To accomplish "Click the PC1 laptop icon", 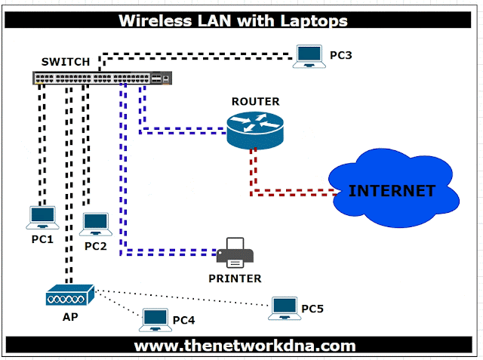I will click(42, 217).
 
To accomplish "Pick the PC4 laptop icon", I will click(155, 321).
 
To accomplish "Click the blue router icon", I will click(254, 129).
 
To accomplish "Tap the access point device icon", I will click(69, 295).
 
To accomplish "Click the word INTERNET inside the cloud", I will click(392, 190).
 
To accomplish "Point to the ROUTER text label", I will click(255, 102).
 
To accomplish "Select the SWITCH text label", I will click(66, 61).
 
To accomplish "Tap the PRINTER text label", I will click(235, 278).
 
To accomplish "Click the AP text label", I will click(69, 317).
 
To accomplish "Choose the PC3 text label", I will click(341, 55).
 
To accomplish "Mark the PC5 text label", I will click(312, 308).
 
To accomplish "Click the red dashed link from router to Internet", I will click(291, 194).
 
